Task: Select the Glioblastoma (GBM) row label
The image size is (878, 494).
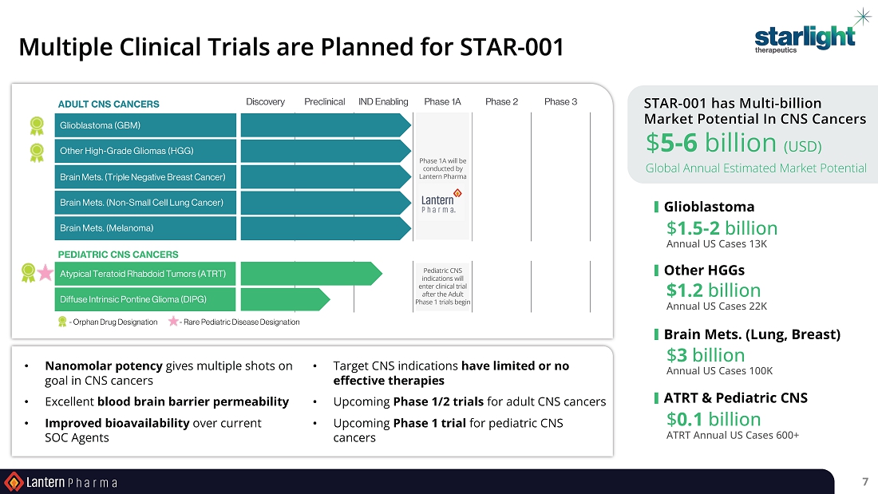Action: [x=101, y=125]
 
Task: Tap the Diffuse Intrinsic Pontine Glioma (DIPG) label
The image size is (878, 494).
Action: [x=133, y=299]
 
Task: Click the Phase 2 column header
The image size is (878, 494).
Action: [x=502, y=101]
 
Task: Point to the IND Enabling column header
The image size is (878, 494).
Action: [x=383, y=101]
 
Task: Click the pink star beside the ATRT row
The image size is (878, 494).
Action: [x=45, y=273]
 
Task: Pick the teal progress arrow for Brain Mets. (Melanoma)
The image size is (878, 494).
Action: [x=326, y=228]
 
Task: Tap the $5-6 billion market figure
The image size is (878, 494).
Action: [x=734, y=143]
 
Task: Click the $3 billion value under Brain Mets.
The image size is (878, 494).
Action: [x=706, y=354]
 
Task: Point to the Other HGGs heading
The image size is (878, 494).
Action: [x=704, y=270]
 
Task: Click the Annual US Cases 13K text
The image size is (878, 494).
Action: [x=717, y=243]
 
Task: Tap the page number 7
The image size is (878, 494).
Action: [x=865, y=482]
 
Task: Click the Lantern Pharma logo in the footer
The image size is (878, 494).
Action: [x=61, y=482]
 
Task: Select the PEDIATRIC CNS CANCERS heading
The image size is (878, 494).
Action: [x=118, y=255]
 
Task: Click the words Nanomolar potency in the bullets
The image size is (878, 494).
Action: [x=104, y=366]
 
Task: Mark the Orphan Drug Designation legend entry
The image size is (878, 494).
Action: [x=108, y=322]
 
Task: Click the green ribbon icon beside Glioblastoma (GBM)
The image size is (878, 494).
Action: [x=37, y=125]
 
